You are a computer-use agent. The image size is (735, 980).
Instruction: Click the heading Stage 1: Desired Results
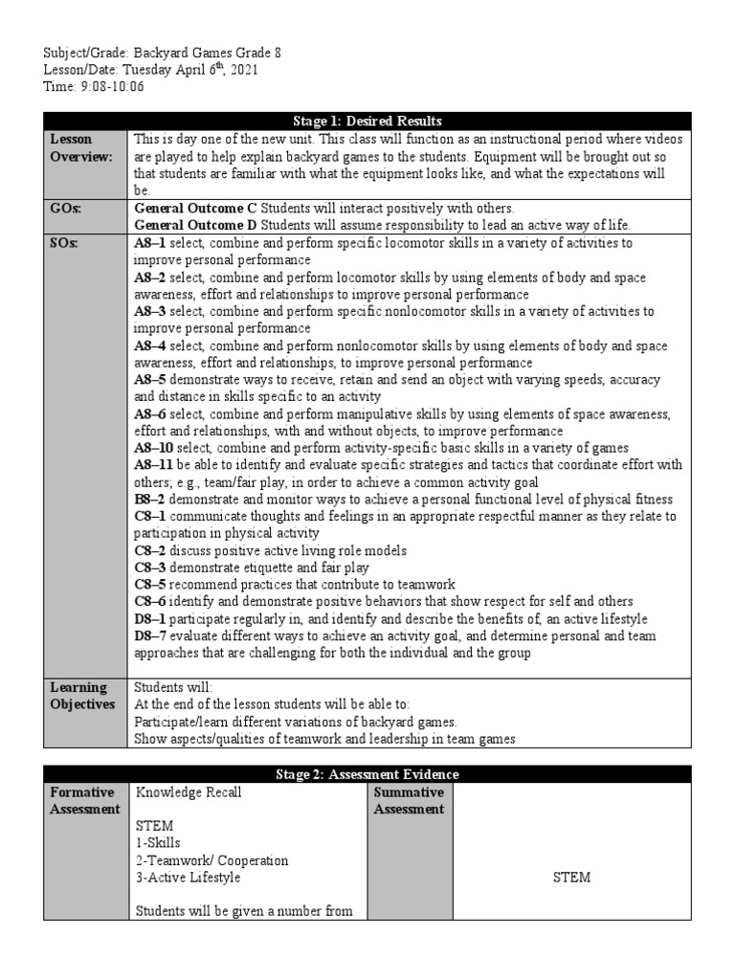367,122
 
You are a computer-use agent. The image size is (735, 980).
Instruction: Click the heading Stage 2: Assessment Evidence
367,774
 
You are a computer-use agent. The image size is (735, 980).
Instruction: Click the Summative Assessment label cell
409,800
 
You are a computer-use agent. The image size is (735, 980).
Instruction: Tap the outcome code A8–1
150,243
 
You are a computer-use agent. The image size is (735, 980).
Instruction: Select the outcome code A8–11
153,465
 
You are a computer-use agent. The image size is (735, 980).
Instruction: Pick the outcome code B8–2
149,500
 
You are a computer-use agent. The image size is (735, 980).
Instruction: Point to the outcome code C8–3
149,568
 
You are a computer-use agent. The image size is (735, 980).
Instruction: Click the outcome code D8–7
150,636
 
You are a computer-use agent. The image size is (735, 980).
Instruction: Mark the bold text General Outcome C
196,208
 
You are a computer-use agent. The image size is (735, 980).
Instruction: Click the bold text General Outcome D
196,225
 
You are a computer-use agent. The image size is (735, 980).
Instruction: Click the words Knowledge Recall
189,792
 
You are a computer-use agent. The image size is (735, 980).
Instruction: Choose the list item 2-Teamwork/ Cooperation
212,860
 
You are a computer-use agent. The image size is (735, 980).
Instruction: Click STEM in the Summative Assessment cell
571,878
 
